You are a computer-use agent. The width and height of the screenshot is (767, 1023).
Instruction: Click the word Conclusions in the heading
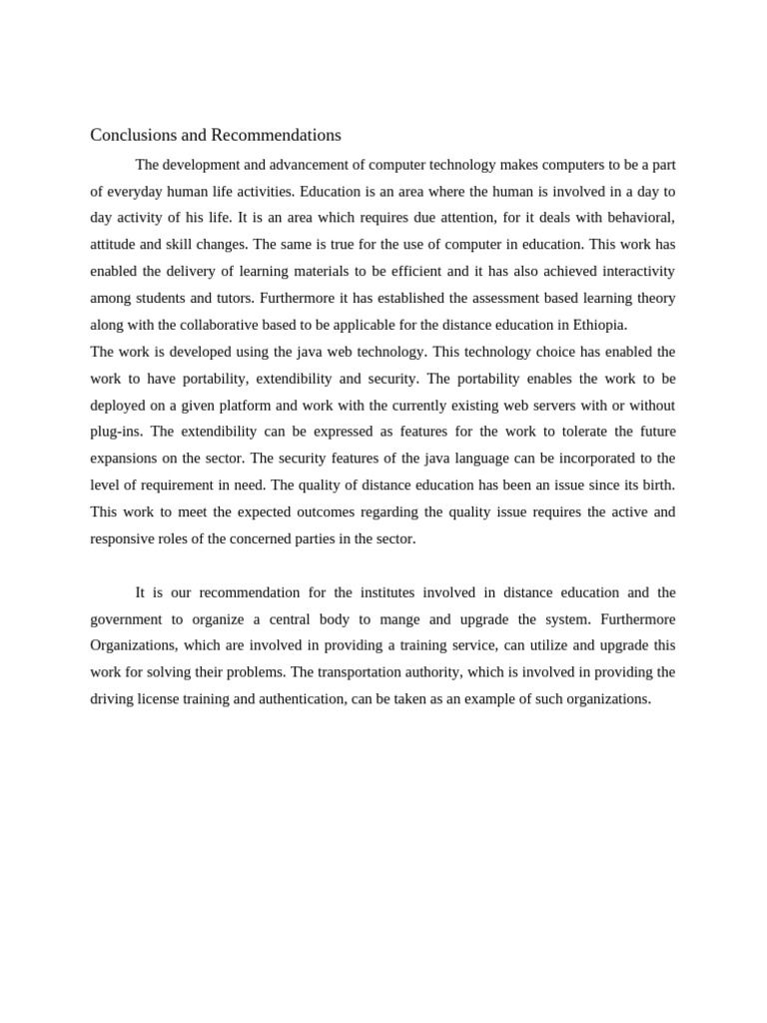pos(131,135)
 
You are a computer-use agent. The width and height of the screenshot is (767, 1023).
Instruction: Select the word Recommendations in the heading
pos(276,135)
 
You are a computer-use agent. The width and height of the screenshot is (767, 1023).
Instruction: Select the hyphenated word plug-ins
pos(116,432)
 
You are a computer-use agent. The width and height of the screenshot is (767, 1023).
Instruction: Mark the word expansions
pos(126,459)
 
